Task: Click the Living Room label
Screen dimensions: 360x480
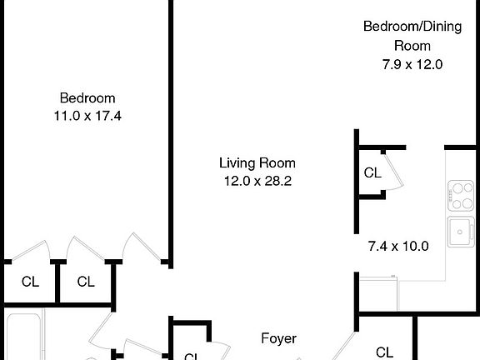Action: [x=257, y=163]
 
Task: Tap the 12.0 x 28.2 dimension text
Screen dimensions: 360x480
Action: [x=257, y=180]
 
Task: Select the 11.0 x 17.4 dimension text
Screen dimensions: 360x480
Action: [x=87, y=116]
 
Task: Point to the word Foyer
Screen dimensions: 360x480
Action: [x=278, y=338]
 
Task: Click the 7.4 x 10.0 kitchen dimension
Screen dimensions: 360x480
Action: [x=397, y=246]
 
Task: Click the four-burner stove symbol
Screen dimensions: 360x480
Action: [x=459, y=196]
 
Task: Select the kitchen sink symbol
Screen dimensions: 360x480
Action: [x=459, y=232]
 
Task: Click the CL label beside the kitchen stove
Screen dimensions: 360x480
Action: [x=372, y=173]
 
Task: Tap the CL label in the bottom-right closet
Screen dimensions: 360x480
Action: [x=384, y=352]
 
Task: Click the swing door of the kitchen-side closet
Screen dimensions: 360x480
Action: [x=394, y=172]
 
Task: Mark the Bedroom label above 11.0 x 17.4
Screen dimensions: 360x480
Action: [x=87, y=97]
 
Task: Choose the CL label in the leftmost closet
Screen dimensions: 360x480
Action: [x=30, y=282]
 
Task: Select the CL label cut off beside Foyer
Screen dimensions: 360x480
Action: [x=191, y=356]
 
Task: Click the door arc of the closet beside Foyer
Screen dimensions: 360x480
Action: [x=218, y=350]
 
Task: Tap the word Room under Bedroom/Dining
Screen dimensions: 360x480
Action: [x=412, y=46]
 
